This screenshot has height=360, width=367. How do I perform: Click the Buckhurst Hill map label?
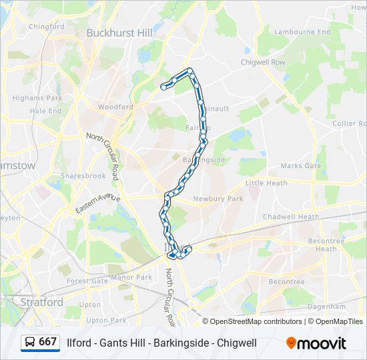coord(119,32)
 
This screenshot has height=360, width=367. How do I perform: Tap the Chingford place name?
coord(47,27)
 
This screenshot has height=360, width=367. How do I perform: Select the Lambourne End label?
coord(302,31)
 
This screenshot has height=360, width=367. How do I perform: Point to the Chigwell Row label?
coord(263,62)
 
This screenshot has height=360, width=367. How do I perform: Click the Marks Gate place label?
coord(300,165)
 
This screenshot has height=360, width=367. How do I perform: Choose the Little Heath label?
coord(266,183)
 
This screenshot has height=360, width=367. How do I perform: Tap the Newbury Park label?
coord(218,199)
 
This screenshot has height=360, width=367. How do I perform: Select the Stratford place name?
coord(41,302)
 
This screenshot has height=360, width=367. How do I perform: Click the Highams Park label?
coord(37,98)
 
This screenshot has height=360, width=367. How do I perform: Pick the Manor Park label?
coord(131,277)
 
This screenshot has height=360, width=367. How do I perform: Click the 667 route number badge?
coord(47,342)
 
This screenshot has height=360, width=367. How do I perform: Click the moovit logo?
coord(316,343)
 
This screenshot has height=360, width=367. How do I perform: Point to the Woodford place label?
coord(115,107)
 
